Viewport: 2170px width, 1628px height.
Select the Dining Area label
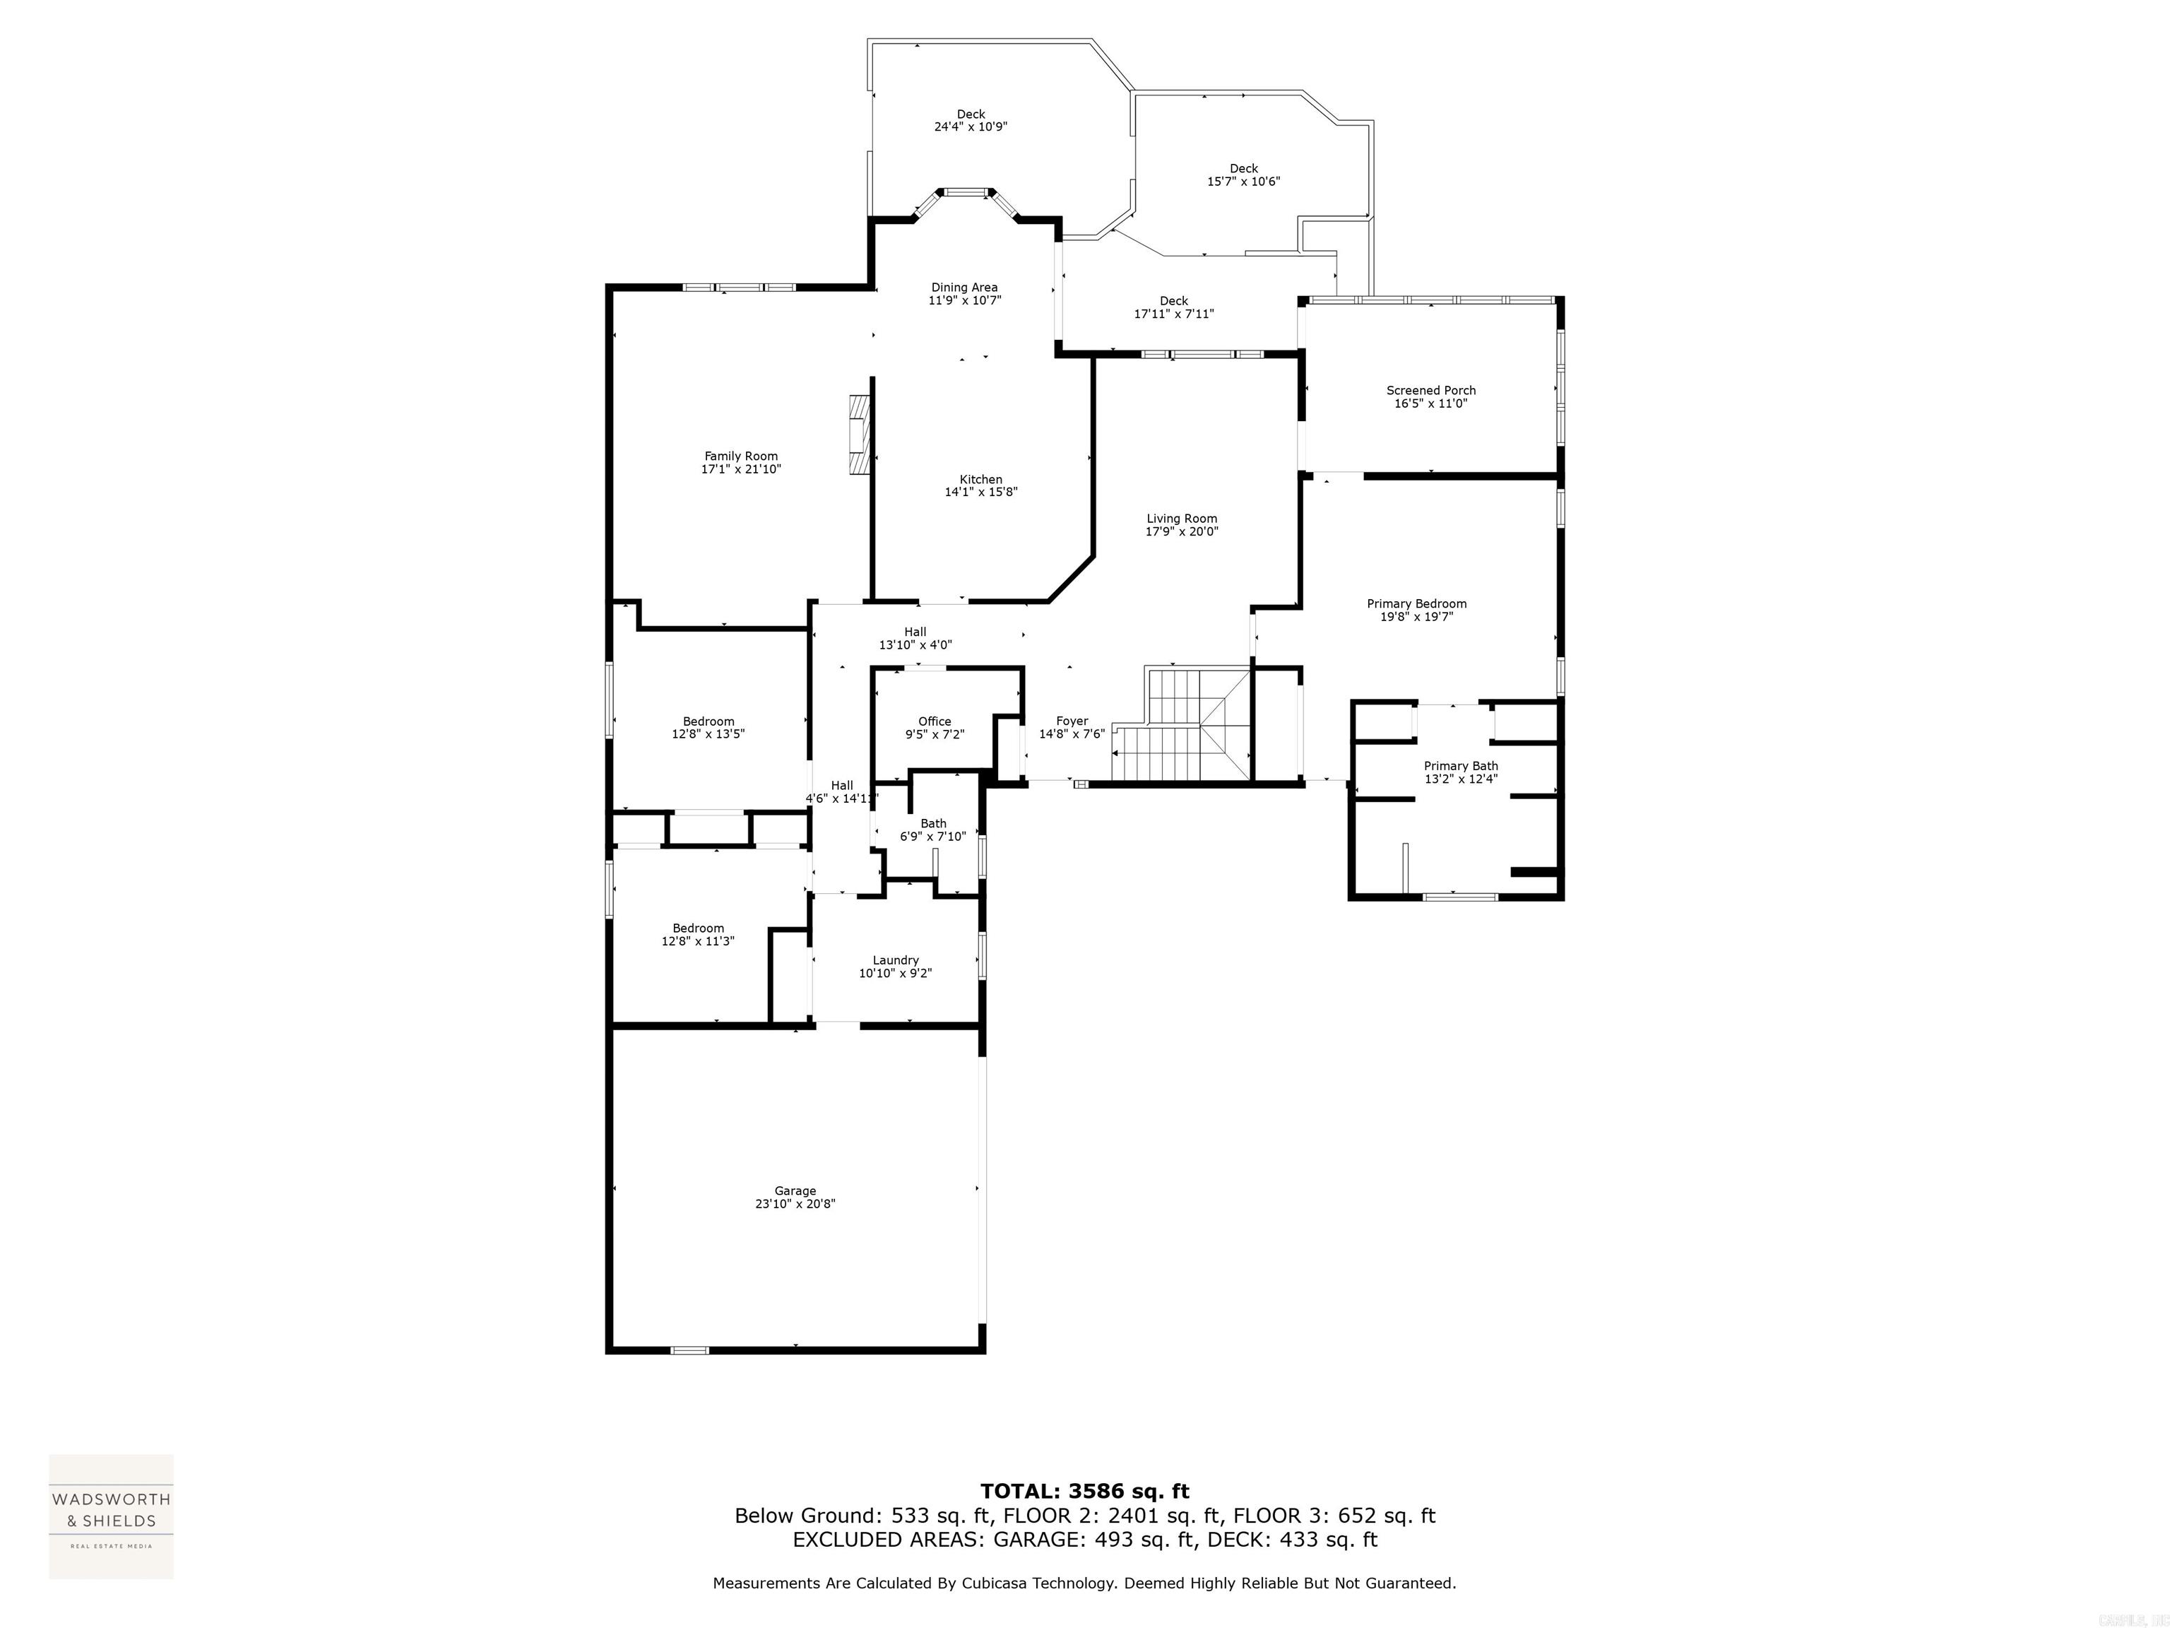(964, 288)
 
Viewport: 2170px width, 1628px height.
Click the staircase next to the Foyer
(1181, 726)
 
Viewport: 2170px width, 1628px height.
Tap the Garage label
(795, 1191)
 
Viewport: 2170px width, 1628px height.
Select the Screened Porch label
(1430, 391)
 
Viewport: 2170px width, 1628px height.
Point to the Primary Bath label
(1461, 767)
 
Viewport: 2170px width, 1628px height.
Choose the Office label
(934, 721)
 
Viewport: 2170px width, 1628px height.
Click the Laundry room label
(895, 961)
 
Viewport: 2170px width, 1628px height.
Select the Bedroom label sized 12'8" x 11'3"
(697, 928)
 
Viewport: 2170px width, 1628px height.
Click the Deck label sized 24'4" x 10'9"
(971, 114)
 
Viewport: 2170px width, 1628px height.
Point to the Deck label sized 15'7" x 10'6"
(1243, 169)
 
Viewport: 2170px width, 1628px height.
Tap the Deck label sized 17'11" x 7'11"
(1173, 301)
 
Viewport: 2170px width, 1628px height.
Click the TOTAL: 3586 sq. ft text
(1084, 1492)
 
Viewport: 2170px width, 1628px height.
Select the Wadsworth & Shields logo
(111, 1516)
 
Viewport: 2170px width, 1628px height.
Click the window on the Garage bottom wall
(689, 1350)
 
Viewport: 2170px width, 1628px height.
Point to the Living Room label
(1181, 519)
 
